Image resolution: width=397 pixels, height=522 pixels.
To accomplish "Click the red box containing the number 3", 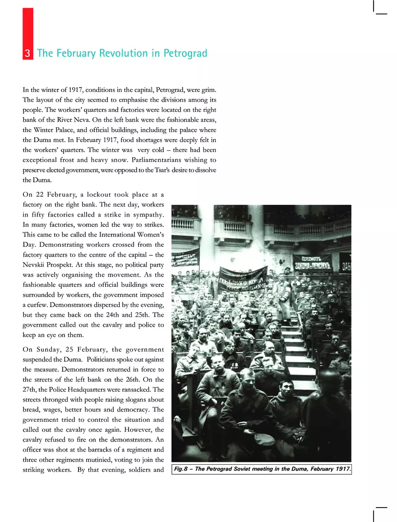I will coord(28,54).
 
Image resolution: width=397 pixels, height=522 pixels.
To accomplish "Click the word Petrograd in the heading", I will coord(185,53).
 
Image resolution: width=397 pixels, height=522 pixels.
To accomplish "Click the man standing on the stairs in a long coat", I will coord(283,293).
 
